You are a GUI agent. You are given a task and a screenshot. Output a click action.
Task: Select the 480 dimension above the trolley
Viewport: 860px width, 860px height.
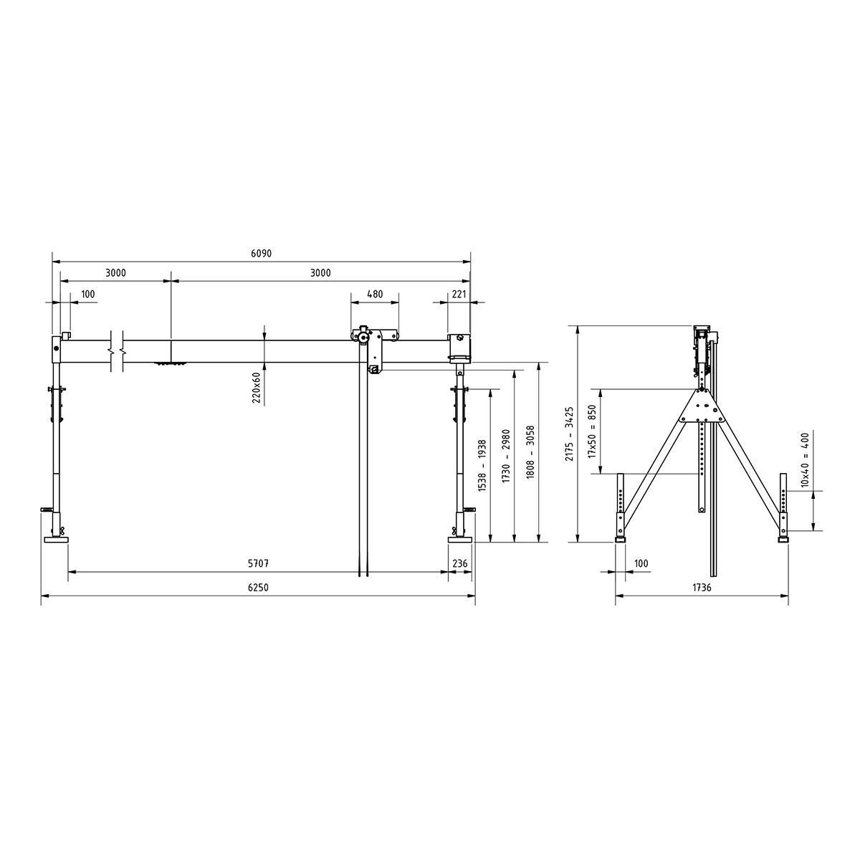(x=375, y=294)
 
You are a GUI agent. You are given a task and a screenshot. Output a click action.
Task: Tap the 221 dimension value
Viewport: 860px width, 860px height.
(x=459, y=294)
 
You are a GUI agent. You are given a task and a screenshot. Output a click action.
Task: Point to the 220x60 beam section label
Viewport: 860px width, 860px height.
(x=256, y=388)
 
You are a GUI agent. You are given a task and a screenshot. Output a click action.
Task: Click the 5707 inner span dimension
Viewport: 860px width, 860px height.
(x=258, y=564)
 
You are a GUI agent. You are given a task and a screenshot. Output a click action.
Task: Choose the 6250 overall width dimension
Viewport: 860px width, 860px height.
(x=258, y=587)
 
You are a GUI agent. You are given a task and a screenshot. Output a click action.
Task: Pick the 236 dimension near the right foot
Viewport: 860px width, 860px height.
(x=459, y=564)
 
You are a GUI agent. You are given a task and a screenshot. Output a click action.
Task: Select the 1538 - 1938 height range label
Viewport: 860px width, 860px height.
(x=482, y=466)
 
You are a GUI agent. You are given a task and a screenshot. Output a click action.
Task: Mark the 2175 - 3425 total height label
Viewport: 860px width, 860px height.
(x=570, y=434)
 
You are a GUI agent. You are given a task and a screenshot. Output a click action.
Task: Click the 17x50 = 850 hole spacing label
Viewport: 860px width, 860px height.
(x=592, y=431)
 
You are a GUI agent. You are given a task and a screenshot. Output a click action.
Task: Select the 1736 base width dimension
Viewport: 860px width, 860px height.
(x=702, y=587)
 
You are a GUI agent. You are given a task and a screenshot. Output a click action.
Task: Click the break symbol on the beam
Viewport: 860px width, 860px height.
(x=118, y=351)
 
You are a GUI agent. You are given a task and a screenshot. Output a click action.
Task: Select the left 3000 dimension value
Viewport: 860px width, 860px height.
(x=115, y=273)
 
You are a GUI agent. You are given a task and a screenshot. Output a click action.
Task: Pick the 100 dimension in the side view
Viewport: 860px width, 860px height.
(x=640, y=564)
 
